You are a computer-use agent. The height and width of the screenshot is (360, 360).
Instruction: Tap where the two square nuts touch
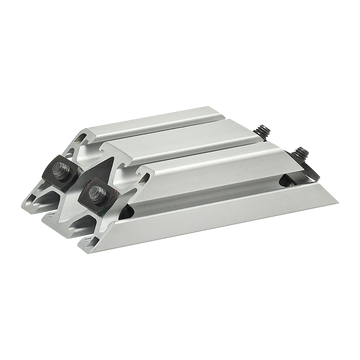(x=81, y=180)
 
